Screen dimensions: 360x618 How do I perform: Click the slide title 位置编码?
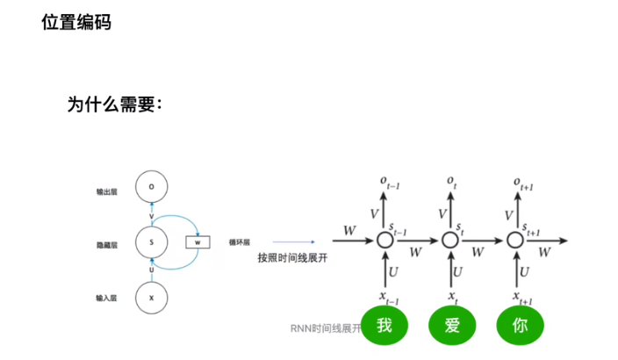pyautogui.click(x=76, y=22)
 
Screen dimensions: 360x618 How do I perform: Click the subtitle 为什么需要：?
pyautogui.click(x=114, y=104)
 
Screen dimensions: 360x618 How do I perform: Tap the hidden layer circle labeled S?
pyautogui.click(x=152, y=241)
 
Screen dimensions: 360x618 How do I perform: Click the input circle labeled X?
pyautogui.click(x=152, y=299)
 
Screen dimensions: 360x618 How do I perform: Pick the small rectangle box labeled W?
pyautogui.click(x=198, y=241)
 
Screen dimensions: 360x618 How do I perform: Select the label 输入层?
pyautogui.click(x=107, y=299)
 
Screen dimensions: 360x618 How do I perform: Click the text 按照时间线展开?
pyautogui.click(x=286, y=258)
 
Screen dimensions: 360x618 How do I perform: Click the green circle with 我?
pyautogui.click(x=384, y=326)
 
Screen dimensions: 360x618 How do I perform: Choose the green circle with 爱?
pyautogui.click(x=452, y=326)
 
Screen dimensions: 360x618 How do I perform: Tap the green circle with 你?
pyautogui.click(x=520, y=326)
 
